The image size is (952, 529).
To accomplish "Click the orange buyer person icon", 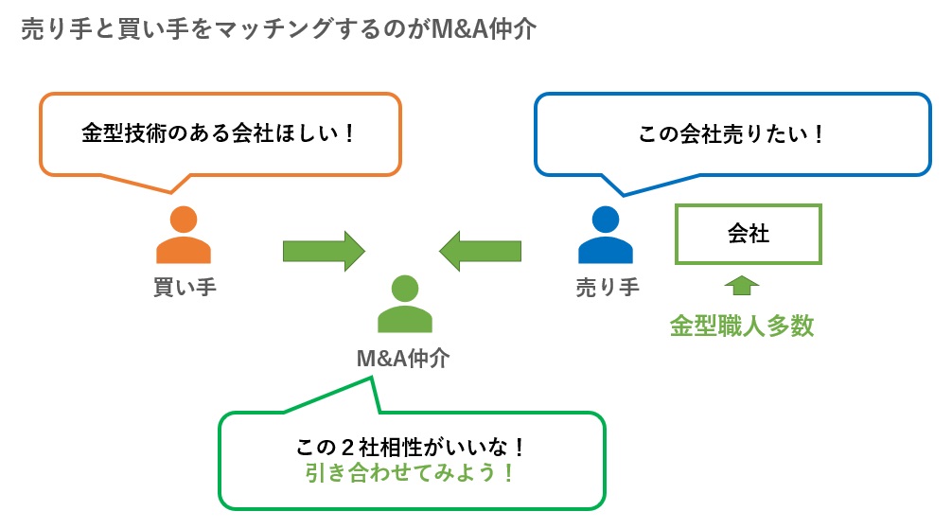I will coord(183,237).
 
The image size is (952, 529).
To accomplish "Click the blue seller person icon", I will coord(605,237).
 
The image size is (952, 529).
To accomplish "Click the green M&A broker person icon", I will coord(404,305).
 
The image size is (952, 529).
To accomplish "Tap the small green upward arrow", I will coord(741,284).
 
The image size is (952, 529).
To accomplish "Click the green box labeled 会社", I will coord(748,234).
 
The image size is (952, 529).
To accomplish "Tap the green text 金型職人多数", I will coord(742,326).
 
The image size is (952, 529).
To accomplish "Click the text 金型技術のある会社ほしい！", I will coord(219,132).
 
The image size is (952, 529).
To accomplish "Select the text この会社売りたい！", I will coord(732,133).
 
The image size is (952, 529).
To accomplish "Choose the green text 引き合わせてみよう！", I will coord(410,473).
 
